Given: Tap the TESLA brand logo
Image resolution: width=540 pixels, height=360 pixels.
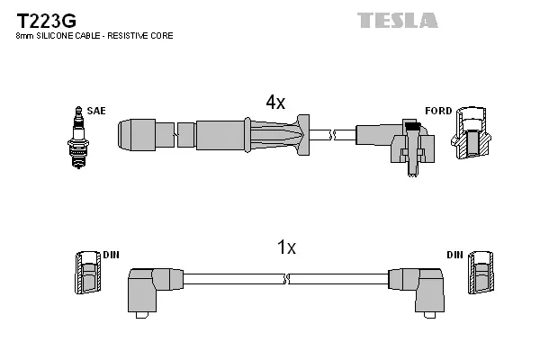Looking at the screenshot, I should click(397, 20).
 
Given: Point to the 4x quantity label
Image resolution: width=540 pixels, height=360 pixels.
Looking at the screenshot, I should click(274, 103).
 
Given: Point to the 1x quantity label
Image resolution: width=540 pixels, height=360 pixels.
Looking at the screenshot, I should click(285, 247).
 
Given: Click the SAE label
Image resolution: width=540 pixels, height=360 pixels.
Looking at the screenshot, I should click(96, 111).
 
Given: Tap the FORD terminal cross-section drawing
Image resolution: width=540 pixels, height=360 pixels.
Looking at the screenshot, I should click(470, 134).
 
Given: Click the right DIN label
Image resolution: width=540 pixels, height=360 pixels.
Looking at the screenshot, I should click(454, 256).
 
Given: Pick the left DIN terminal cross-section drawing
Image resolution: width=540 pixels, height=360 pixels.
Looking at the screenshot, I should click(87, 273).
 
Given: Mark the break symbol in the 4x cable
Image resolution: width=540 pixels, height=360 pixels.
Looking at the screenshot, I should click(332, 135).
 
